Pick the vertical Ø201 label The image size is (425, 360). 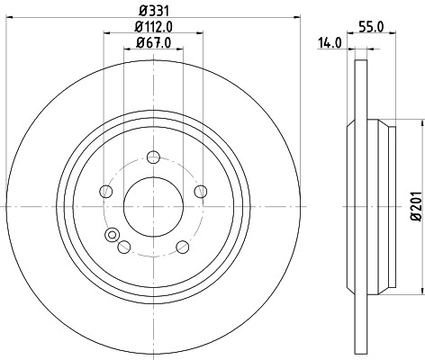pyautogui.click(x=416, y=205)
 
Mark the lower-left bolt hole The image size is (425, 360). pyautogui.click(x=124, y=247)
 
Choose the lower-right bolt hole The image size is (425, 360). pyautogui.click(x=183, y=247)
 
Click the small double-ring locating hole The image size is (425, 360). pyautogui.click(x=113, y=236)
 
